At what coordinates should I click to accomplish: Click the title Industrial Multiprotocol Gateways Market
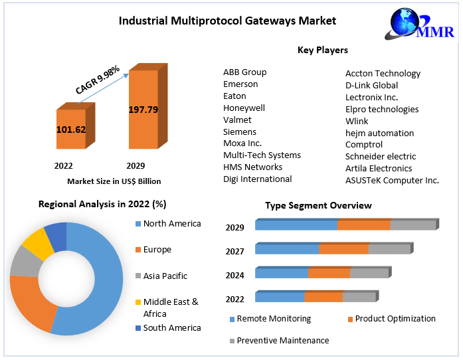(227, 21)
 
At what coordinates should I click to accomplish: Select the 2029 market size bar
(143, 109)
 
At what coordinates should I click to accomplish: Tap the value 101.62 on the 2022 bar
(70, 130)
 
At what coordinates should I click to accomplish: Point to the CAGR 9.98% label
(98, 79)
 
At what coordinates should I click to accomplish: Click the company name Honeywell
(244, 108)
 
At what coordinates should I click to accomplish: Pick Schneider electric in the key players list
(379, 156)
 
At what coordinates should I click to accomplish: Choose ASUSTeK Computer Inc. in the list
(392, 180)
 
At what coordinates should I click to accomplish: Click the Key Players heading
(322, 50)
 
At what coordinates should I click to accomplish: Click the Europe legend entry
(157, 250)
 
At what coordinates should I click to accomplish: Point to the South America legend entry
(171, 327)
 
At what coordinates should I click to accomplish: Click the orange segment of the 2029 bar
(363, 225)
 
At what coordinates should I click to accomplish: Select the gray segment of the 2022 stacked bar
(359, 298)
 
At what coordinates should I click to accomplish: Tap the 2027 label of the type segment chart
(234, 251)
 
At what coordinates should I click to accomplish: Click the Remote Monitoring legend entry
(273, 319)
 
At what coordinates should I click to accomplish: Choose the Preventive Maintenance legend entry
(282, 340)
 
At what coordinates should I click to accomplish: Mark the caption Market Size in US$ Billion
(114, 181)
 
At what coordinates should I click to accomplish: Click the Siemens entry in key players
(240, 132)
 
